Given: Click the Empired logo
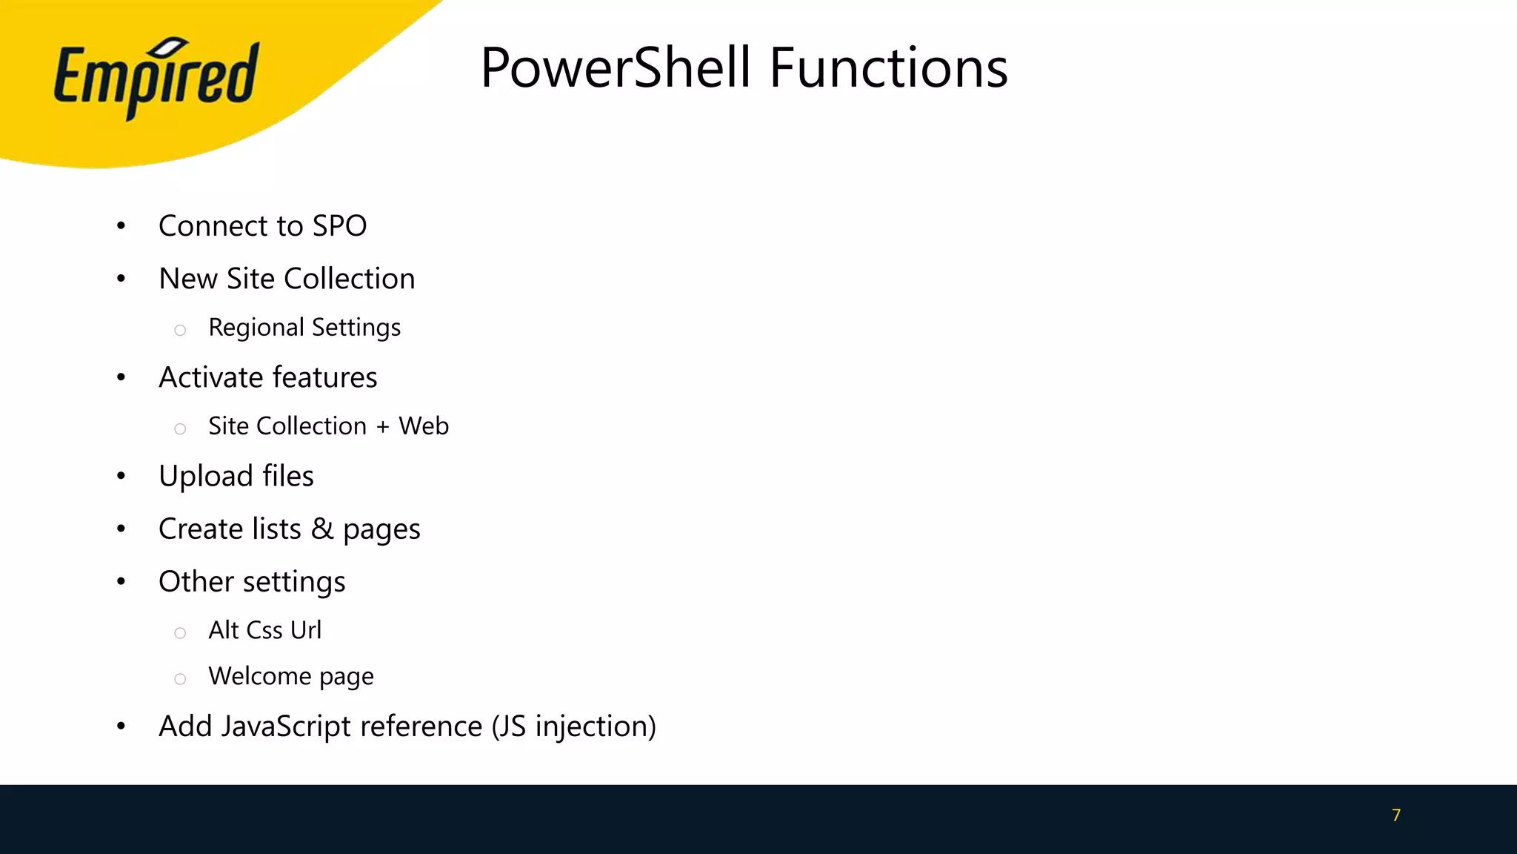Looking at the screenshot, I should point(156,78).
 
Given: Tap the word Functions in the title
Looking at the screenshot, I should point(888,68).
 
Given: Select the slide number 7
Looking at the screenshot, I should point(1396,815).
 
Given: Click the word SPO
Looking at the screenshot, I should point(339,226).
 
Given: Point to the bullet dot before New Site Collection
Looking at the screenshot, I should point(121,279).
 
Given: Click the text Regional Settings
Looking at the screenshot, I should point(304,328).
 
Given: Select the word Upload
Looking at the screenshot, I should point(206,476).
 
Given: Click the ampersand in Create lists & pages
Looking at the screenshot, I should point(322,529).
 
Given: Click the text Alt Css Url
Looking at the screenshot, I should point(264,630).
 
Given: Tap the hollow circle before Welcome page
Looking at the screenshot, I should point(180,679).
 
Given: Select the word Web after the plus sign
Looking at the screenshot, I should point(424,426).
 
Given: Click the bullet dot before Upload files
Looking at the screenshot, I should point(121,477).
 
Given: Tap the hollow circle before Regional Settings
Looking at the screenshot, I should point(180,331).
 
